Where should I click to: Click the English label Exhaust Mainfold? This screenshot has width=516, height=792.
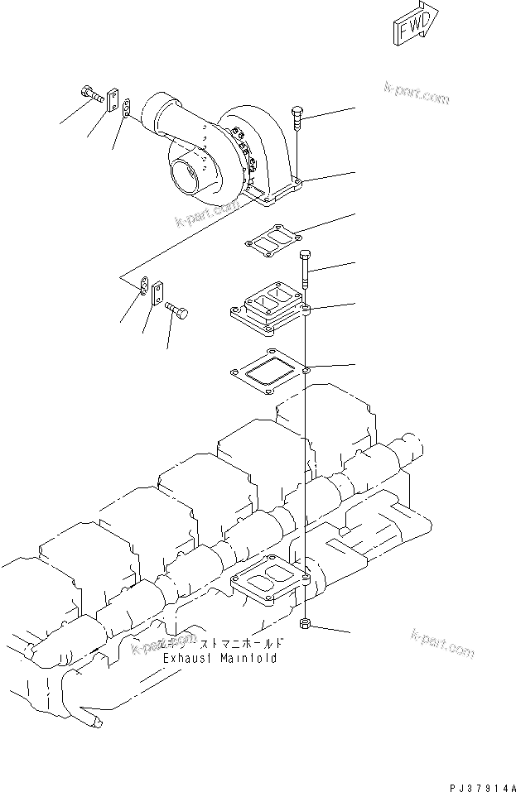tap(219, 659)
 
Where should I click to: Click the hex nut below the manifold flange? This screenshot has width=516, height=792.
tap(305, 622)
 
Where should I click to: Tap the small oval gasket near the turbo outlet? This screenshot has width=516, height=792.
tap(126, 109)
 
